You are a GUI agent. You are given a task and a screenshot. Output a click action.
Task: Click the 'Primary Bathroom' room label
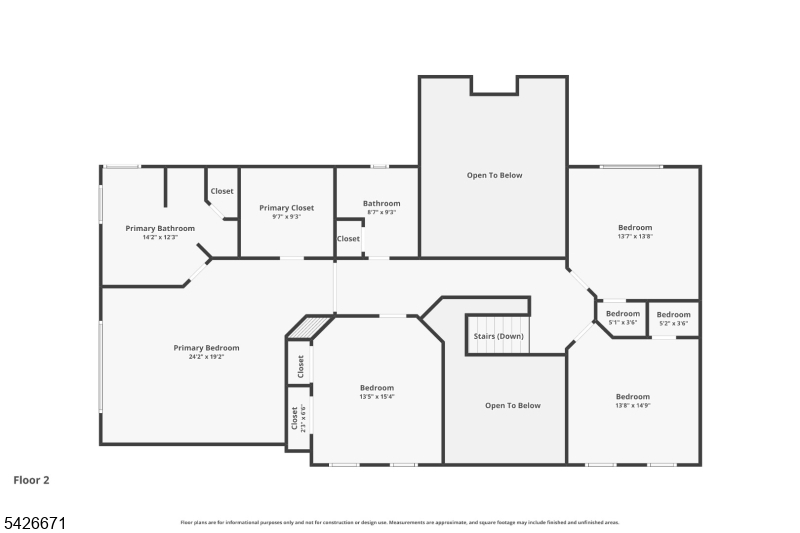(160, 228)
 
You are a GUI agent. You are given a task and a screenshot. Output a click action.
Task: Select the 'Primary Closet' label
(286, 208)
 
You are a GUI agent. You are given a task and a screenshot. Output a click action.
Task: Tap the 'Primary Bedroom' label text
(206, 348)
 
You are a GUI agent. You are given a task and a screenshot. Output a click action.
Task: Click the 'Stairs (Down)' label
(498, 336)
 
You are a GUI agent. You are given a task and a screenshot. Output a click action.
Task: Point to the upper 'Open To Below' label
(494, 175)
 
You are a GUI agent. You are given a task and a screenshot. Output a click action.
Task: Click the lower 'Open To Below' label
(512, 405)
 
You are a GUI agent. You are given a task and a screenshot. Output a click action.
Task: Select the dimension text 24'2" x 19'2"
(206, 357)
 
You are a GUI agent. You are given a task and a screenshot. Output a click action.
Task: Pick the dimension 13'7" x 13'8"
(634, 237)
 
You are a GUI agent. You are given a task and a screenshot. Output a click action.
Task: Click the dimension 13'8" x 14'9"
(632, 405)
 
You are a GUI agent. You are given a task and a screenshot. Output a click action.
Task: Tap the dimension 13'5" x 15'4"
(377, 397)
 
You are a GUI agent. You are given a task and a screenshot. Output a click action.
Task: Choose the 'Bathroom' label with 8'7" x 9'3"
(381, 203)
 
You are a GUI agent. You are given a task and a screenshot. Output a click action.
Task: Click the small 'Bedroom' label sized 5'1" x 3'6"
(622, 314)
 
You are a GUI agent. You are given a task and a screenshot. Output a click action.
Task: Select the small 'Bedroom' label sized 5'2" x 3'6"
(673, 315)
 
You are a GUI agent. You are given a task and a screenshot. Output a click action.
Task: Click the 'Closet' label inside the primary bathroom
(221, 191)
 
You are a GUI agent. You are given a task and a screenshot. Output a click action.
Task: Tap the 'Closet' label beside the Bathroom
(348, 239)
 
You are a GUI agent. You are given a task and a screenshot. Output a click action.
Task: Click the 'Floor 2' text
(31, 480)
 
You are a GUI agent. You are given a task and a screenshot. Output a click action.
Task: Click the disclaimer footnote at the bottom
(399, 522)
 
